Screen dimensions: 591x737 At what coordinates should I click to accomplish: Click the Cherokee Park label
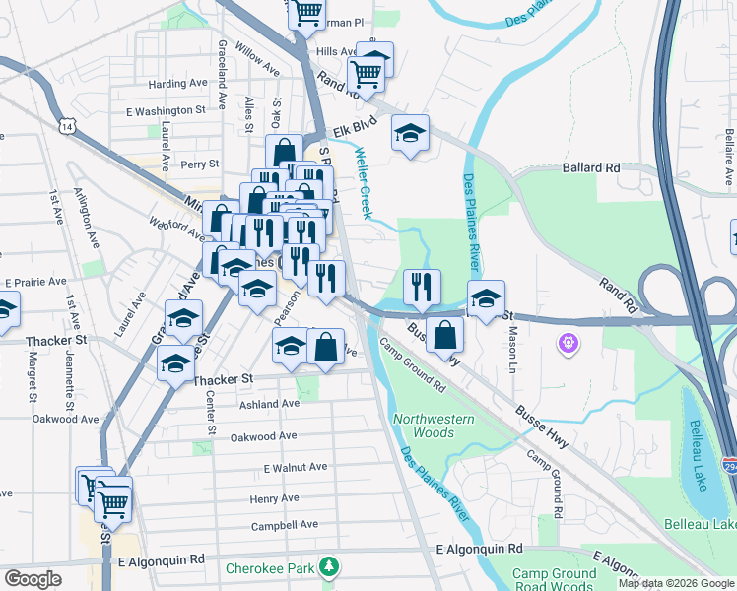point(269,568)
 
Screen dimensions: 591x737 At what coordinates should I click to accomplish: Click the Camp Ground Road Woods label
point(554,579)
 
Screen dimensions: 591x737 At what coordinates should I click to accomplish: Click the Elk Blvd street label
point(355,130)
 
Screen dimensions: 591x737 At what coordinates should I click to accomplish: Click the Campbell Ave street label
point(285,525)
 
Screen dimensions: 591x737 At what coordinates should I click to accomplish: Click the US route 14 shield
point(66,127)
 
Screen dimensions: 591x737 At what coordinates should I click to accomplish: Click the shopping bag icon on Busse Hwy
point(447,334)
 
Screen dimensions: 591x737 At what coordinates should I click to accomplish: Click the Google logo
point(33,579)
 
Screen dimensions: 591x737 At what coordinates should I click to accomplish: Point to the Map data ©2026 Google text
point(675,583)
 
